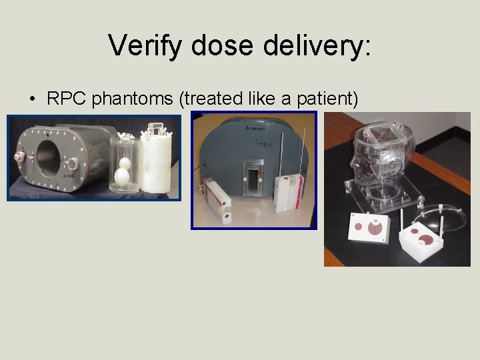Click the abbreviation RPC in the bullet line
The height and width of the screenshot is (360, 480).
pos(67,99)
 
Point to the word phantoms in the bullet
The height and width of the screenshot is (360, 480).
pos(134,99)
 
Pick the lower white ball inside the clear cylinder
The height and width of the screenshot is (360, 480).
pos(123,177)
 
